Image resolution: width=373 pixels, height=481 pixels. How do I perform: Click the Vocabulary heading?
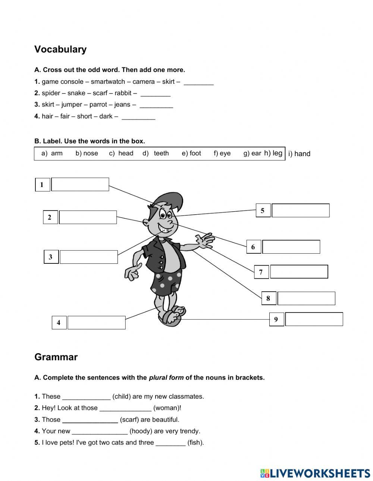tap(60, 49)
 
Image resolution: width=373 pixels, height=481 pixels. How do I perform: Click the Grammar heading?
tap(56, 357)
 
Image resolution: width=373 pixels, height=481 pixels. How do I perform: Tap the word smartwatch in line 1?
tap(108, 82)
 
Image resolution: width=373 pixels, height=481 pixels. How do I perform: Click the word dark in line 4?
tap(106, 116)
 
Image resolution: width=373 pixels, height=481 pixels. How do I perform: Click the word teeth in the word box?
tap(161, 153)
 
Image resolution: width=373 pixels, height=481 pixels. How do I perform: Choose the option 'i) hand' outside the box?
tap(299, 154)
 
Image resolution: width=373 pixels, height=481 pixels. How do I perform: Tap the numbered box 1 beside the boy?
tap(42, 184)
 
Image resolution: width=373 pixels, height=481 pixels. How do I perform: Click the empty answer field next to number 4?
tap(96, 323)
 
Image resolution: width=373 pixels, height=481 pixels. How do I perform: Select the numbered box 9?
tap(276, 319)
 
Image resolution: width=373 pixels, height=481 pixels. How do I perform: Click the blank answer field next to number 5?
tap(300, 211)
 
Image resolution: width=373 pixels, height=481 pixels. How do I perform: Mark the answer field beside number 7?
tap(299, 272)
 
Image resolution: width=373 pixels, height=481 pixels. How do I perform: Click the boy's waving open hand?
tap(205, 241)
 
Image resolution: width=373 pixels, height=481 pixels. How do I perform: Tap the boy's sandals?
tap(172, 316)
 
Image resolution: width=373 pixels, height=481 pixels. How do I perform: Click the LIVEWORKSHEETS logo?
tap(315, 473)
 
